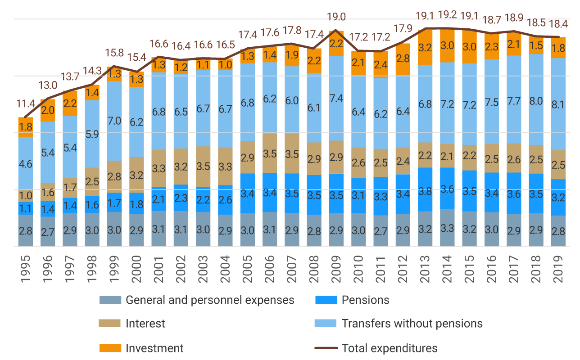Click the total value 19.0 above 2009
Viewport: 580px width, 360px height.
click(336, 17)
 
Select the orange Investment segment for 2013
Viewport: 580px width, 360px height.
click(425, 48)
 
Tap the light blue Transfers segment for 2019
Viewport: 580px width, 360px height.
click(558, 104)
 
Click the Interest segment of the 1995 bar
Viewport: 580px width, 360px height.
click(26, 196)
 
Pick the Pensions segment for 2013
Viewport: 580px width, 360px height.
click(425, 189)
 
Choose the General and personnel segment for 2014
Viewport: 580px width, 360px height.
click(447, 228)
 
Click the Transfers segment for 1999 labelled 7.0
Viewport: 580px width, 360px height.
click(114, 121)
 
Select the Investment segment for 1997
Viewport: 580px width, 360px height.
click(70, 103)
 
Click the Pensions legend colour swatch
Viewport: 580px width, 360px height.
click(326, 300)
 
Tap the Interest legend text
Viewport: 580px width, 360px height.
click(145, 324)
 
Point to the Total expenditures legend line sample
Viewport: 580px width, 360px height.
click(326, 348)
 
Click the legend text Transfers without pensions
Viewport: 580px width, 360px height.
click(412, 324)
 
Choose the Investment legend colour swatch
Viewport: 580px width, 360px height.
click(110, 348)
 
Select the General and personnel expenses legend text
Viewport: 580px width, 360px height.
click(210, 300)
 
